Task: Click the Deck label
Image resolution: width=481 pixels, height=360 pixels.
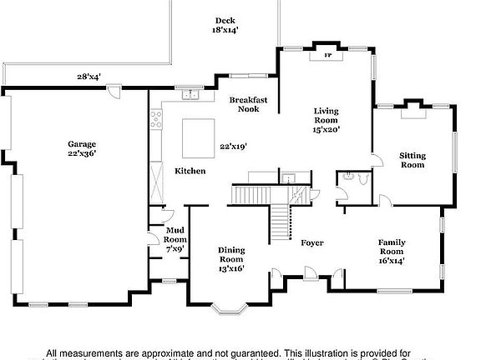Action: pos(225,21)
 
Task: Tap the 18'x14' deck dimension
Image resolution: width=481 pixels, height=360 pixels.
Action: pos(225,31)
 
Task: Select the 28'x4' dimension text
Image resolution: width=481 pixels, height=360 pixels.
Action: pos(89,77)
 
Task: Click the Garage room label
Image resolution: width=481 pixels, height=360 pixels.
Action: pos(82,143)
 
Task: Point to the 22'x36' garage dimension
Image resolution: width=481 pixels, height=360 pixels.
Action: pos(82,153)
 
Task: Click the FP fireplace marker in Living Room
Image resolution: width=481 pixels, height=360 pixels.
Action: pos(327,57)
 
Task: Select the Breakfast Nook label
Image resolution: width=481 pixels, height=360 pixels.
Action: pos(248,104)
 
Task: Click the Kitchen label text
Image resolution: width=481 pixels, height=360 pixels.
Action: pos(190,171)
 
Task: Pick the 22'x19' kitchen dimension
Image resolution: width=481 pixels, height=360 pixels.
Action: pos(233,146)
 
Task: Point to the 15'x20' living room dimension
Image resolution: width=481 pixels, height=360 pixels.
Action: pos(327,129)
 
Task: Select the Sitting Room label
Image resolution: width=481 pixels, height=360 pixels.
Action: pos(412,160)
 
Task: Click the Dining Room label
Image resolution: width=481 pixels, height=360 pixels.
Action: pos(231,254)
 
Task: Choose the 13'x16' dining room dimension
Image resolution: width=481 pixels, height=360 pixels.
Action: pos(231,268)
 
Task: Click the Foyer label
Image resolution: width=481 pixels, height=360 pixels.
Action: pos(312,243)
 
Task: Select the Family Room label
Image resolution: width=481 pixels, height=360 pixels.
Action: pos(392,247)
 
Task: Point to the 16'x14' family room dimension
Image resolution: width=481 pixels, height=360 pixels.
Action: pos(392,260)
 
